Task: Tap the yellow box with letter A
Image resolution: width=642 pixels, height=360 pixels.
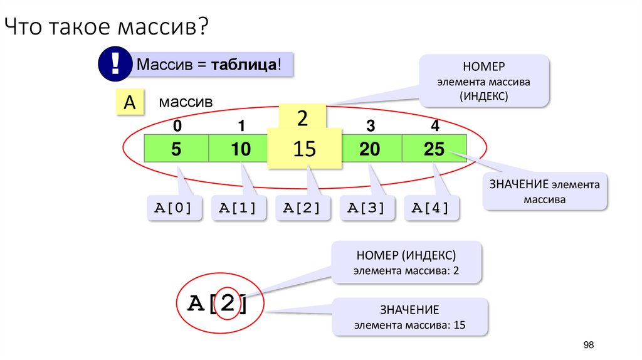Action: click(x=129, y=103)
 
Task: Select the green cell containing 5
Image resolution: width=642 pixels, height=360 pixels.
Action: click(x=177, y=149)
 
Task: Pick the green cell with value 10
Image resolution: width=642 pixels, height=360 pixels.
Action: click(x=239, y=149)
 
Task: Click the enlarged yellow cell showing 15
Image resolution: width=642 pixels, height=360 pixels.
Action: click(x=305, y=149)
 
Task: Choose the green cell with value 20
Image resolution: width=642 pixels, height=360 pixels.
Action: click(x=371, y=149)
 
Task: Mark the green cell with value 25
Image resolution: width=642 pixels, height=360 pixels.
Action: click(x=434, y=149)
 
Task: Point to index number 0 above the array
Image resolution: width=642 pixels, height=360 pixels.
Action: click(x=177, y=126)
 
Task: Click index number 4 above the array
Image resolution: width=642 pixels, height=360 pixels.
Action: click(x=435, y=126)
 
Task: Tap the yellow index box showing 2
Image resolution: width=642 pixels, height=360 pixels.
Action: click(x=302, y=117)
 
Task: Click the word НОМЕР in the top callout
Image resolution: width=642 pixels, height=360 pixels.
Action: click(x=484, y=67)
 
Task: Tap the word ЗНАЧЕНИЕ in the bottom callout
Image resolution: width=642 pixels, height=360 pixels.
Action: click(x=409, y=310)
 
